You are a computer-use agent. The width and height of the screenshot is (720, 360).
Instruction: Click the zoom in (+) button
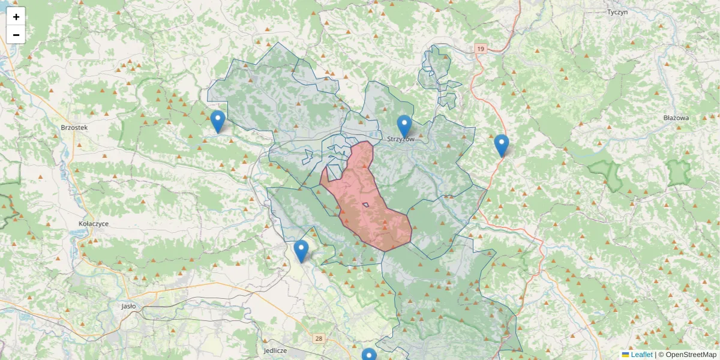pyautogui.click(x=16, y=16)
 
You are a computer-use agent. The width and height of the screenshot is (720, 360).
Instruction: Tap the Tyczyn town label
pyautogui.click(x=616, y=12)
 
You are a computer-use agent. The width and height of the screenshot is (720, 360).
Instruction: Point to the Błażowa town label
pyautogui.click(x=676, y=118)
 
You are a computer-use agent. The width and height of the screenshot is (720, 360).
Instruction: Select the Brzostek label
pyautogui.click(x=74, y=128)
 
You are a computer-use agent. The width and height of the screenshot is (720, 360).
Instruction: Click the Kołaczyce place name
pyautogui.click(x=94, y=223)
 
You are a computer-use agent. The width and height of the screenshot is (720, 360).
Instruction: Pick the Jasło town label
pyautogui.click(x=128, y=305)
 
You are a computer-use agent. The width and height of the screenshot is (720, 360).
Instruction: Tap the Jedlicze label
pyautogui.click(x=275, y=350)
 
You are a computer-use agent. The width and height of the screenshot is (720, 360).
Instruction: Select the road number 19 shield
pyautogui.click(x=480, y=48)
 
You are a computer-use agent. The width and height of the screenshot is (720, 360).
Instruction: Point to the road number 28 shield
pyautogui.click(x=318, y=339)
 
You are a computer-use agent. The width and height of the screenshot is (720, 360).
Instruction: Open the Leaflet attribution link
pyautogui.click(x=641, y=355)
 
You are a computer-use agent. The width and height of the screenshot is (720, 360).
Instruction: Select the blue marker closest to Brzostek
pyautogui.click(x=218, y=121)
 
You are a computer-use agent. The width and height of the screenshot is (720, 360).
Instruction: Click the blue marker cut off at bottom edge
pyautogui.click(x=369, y=355)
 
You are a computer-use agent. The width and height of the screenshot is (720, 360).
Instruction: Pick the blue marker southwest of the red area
pyautogui.click(x=301, y=251)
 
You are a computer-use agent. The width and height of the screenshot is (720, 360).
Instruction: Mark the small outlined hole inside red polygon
pyautogui.click(x=365, y=205)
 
